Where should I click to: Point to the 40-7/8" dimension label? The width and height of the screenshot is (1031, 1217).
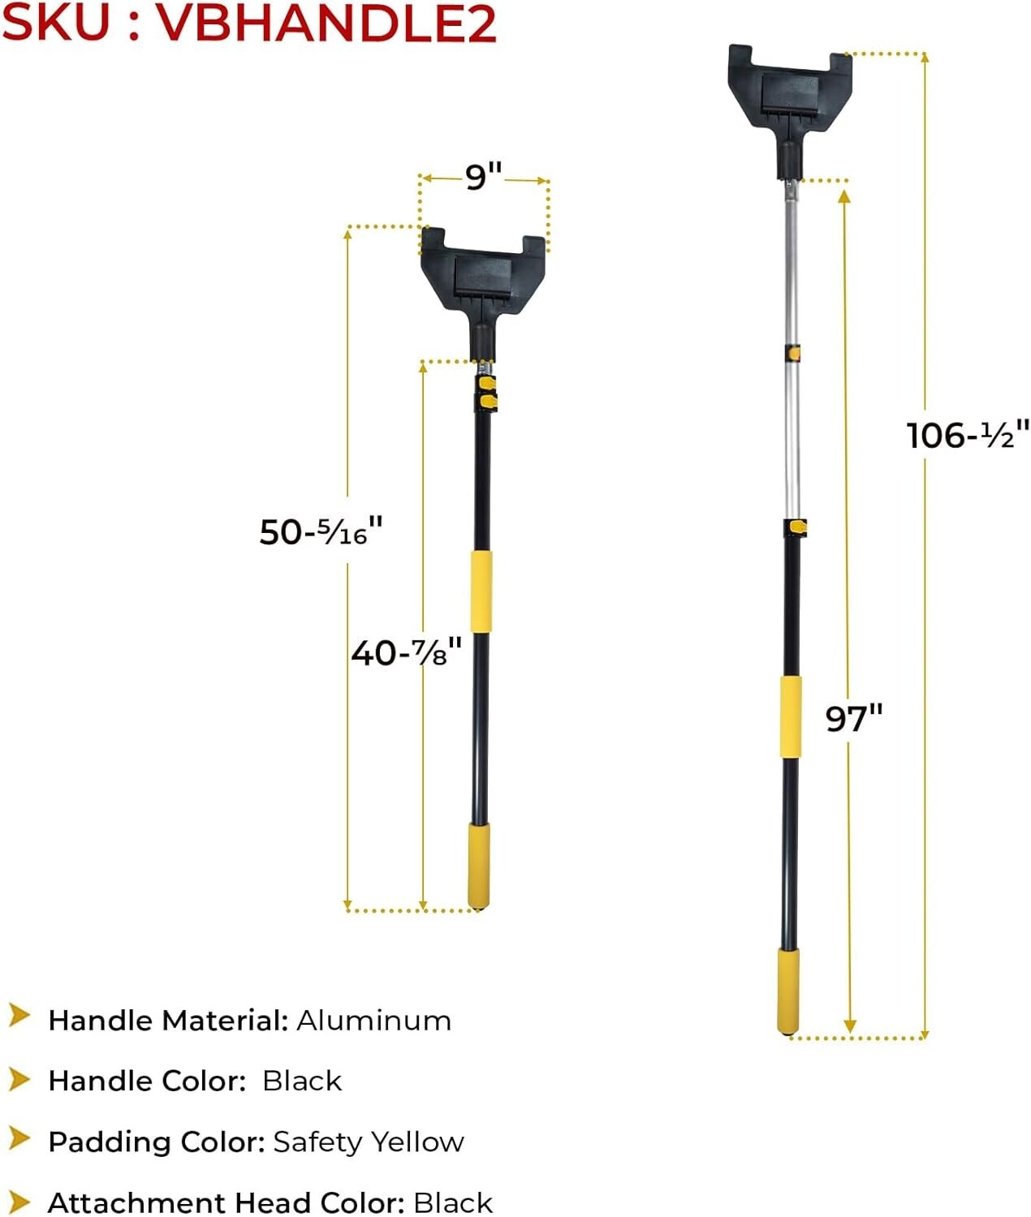point(406,652)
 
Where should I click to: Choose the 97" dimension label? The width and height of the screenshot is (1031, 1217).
point(853,718)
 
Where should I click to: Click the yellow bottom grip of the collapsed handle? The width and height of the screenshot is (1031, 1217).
point(478,865)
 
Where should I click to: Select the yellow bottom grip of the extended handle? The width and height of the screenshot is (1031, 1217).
point(787,991)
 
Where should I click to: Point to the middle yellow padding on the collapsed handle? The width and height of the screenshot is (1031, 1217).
point(481,591)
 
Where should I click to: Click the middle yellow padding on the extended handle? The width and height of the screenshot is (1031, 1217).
point(790,716)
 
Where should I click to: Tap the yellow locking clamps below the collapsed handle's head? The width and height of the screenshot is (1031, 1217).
point(486,392)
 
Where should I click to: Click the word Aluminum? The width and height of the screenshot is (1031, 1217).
point(373,1021)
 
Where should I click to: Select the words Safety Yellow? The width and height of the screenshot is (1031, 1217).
point(369,1142)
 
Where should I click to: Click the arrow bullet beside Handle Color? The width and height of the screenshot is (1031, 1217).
point(19,1080)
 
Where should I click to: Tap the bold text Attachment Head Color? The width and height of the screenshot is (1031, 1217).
point(226,1202)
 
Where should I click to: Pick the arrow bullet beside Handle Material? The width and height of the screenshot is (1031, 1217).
point(19,1016)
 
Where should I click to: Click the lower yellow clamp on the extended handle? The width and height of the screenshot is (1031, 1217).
point(796,528)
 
